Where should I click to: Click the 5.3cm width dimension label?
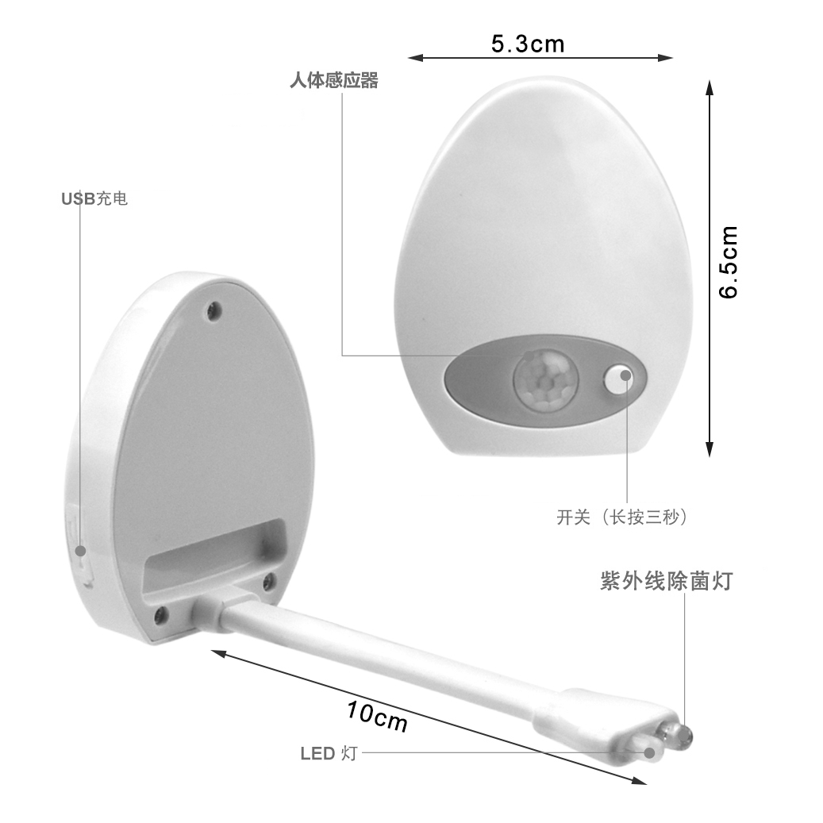[x=528, y=44]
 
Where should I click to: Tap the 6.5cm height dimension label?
[x=729, y=263]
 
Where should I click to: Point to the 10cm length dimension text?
[x=377, y=717]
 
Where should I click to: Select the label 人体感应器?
[x=334, y=80]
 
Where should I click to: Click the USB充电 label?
[x=94, y=199]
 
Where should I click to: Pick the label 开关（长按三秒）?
[x=622, y=517]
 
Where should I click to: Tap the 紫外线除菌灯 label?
[x=666, y=581]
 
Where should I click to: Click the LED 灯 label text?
[x=329, y=753]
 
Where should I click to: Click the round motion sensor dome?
[x=545, y=378]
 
